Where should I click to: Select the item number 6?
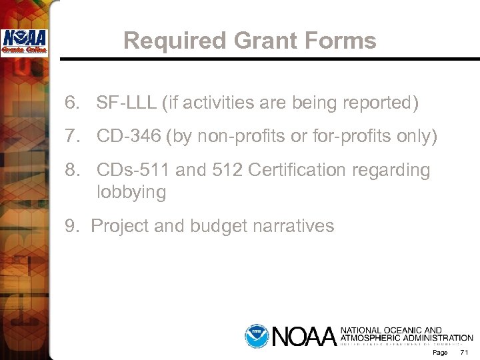tap(73, 103)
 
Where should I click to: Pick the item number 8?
tap(73, 171)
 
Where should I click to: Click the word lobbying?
tap(131, 193)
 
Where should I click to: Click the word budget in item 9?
tap(220, 227)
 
